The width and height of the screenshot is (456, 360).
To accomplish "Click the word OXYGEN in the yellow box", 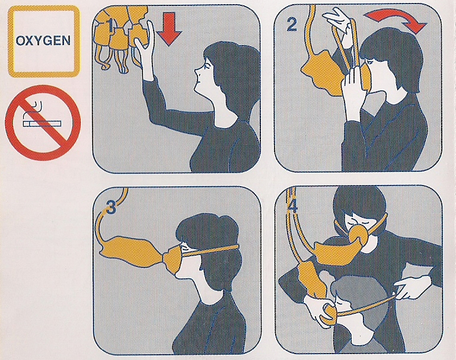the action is click(x=43, y=40).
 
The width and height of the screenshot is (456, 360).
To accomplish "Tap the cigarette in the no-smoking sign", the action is click(x=42, y=124).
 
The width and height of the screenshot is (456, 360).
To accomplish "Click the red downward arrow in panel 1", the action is click(x=168, y=29).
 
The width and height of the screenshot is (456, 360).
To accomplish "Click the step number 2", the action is click(x=292, y=24).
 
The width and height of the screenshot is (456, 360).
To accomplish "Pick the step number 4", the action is click(x=292, y=206).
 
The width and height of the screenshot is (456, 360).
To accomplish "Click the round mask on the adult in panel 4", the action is click(x=358, y=235).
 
